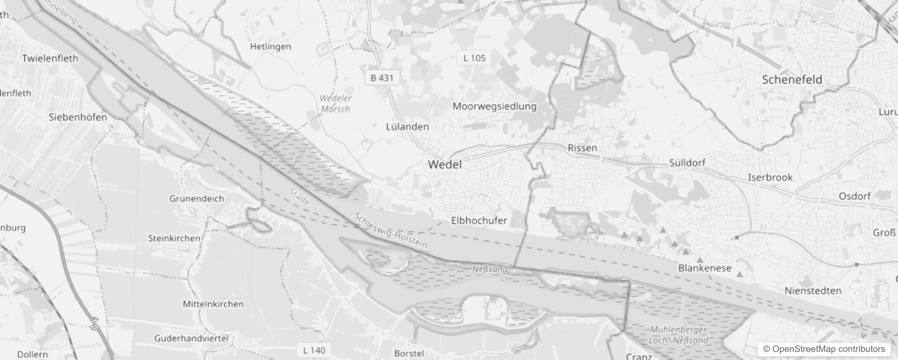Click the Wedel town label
coord(445,164)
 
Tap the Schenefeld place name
coord(792,80)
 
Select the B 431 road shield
coord(382,78)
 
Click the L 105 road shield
coord(474,58)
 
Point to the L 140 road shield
coord(314,350)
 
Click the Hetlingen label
coord(270,46)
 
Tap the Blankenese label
coord(705,268)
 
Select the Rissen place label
coord(582,148)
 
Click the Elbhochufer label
coord(479,220)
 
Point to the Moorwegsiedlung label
coord(494,106)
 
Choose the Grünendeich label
coord(197,198)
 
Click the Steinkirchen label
coord(174,238)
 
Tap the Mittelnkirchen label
coord(213,304)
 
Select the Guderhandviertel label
coord(191,338)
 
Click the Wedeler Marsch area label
coord(336,103)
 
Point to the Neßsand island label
coord(490,269)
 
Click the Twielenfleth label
coord(50,58)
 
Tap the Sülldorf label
coord(687,162)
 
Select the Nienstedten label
coord(813,291)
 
